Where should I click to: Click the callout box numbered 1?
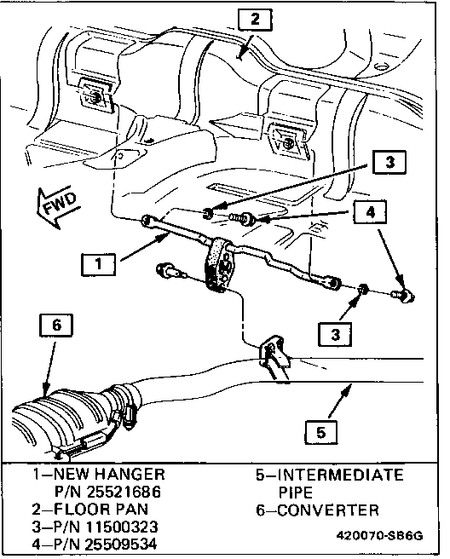[98, 264]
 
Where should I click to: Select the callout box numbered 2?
[255, 20]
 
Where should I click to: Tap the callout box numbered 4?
[371, 212]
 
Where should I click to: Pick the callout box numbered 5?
[321, 432]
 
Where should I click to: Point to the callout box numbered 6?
[57, 325]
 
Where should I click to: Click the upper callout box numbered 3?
[389, 162]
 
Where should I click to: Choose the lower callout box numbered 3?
[335, 334]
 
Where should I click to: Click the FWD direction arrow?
[57, 208]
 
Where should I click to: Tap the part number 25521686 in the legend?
[124, 492]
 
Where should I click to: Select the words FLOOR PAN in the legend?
[101, 509]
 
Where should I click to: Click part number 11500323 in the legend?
[121, 527]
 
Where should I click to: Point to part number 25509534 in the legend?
[120, 544]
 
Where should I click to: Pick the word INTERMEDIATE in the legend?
[341, 475]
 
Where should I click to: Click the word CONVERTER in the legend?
[328, 510]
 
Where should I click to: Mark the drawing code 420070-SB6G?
[380, 536]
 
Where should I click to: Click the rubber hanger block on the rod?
[218, 264]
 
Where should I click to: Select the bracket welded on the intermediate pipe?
[273, 352]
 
